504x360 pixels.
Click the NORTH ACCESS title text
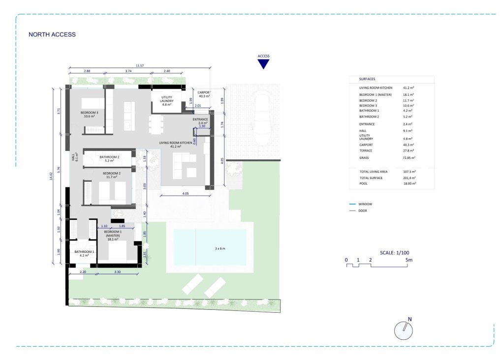tap(52, 34)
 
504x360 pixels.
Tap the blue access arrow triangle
tap(264, 63)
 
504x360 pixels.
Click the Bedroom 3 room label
tap(90, 115)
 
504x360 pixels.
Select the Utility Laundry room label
tap(163, 101)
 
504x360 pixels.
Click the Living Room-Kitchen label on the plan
tap(176, 145)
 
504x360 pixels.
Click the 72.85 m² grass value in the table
tap(409, 158)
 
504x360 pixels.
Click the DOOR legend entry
tap(363, 210)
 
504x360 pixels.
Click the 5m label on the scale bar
tap(409, 259)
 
